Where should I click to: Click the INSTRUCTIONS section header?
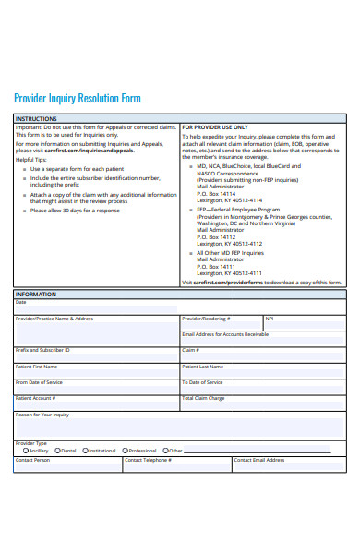pos(36,119)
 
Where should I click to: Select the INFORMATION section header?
pos(36,295)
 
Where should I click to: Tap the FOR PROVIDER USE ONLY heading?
pos(214,127)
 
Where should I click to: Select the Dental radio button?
pos(58,451)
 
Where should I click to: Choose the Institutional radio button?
pos(85,451)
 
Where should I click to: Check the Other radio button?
pos(165,451)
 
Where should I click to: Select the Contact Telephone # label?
pos(148,459)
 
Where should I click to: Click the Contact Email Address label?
pos(259,459)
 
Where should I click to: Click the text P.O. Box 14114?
pos(216,193)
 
